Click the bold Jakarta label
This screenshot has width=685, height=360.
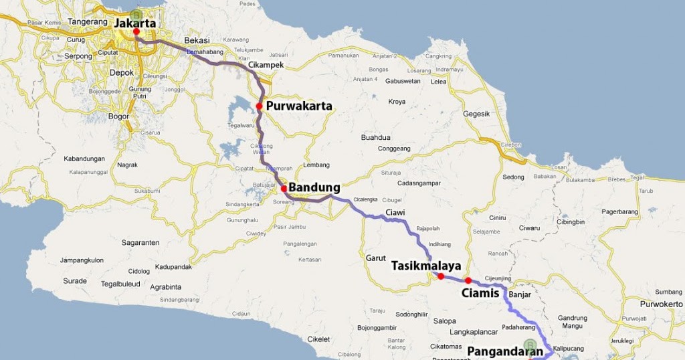click(x=135, y=23)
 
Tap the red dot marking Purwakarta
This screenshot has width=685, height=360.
click(x=259, y=106)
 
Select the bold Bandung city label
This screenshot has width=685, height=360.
click(x=314, y=187)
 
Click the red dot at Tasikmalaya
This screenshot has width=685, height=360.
click(x=441, y=276)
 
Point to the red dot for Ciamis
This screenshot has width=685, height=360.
click(x=468, y=280)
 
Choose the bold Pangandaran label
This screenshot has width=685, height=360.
click(x=504, y=351)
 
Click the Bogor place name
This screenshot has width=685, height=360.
click(x=118, y=116)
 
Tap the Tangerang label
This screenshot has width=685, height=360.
click(x=88, y=21)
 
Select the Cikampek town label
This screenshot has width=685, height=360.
click(x=266, y=65)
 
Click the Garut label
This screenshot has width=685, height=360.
click(x=376, y=258)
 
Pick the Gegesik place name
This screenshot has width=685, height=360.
click(x=477, y=114)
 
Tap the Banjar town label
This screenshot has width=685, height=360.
click(x=520, y=294)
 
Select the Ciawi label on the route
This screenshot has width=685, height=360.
click(x=395, y=213)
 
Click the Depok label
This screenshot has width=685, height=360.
click(x=122, y=72)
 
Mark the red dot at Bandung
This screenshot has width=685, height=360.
click(x=284, y=188)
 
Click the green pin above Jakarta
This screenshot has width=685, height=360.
click(x=136, y=14)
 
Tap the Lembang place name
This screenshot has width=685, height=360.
click(x=316, y=165)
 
